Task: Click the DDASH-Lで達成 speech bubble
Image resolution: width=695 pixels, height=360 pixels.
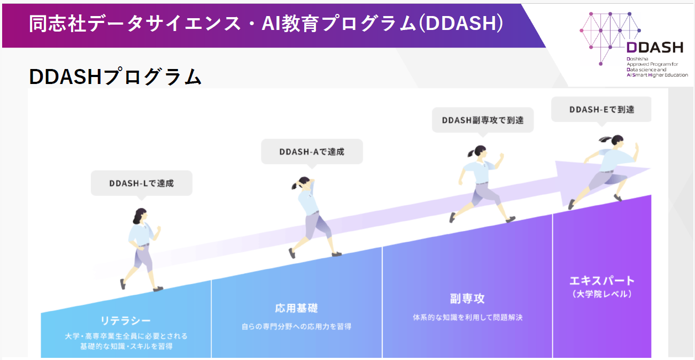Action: (141, 183)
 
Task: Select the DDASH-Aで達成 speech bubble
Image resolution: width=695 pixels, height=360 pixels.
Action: (312, 151)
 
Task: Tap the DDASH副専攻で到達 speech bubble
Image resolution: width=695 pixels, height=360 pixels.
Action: (483, 120)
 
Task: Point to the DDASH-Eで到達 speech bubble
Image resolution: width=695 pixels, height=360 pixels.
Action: (601, 109)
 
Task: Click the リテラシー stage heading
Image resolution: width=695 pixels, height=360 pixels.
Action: (126, 320)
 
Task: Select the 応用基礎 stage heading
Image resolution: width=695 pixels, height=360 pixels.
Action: (296, 308)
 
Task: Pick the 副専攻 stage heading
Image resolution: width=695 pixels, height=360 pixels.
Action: (467, 298)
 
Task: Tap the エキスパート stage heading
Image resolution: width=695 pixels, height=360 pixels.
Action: (601, 280)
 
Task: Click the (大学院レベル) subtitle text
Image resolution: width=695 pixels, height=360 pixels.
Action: (601, 294)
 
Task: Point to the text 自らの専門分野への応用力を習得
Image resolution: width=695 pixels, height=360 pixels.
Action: (296, 326)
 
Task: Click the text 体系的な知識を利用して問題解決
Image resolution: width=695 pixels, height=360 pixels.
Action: (467, 317)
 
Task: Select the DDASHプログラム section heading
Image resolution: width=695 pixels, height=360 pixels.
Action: (115, 76)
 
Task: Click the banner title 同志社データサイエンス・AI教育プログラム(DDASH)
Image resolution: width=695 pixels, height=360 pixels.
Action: (266, 24)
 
